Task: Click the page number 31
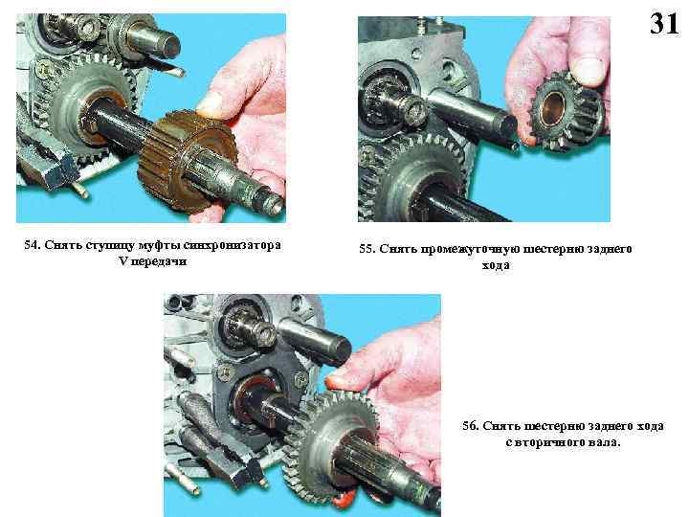click(664, 23)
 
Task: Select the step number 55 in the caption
click(367, 249)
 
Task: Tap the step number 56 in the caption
click(470, 426)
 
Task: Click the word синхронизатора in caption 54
click(232, 245)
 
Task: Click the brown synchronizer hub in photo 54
click(187, 161)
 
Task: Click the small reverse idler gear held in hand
click(567, 111)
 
